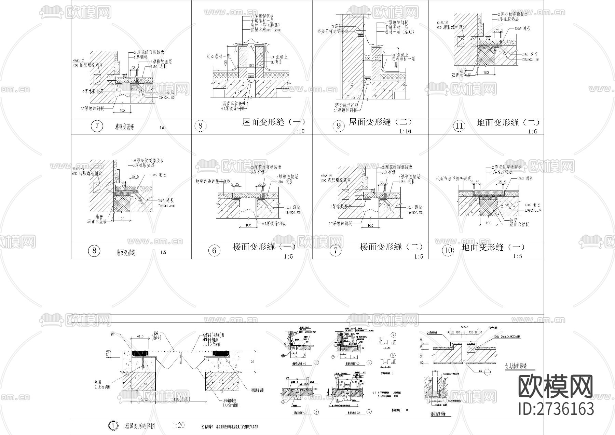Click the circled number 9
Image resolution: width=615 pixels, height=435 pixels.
(339, 126)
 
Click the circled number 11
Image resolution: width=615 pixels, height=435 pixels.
(459, 126)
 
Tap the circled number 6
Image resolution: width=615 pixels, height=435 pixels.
(214, 251)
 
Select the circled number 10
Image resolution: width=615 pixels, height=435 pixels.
(448, 251)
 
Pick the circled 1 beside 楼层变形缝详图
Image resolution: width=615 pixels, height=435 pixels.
(113, 426)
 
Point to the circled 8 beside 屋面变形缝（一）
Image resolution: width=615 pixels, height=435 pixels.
(200, 126)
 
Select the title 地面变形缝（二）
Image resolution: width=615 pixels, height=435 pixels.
(508, 122)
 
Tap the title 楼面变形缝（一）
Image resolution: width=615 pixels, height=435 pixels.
(264, 247)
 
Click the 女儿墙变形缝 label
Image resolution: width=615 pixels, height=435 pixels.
(516, 366)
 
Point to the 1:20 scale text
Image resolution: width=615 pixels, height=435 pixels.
(178, 425)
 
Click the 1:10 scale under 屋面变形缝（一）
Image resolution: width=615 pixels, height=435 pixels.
(298, 131)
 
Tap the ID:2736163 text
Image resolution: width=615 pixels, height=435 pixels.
(556, 409)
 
